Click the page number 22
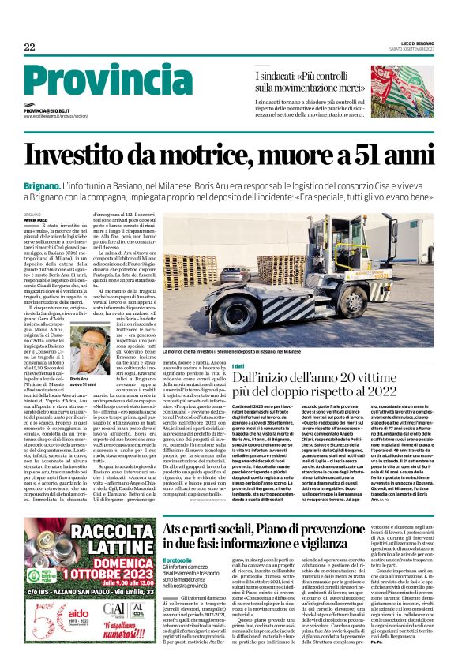[29, 47]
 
